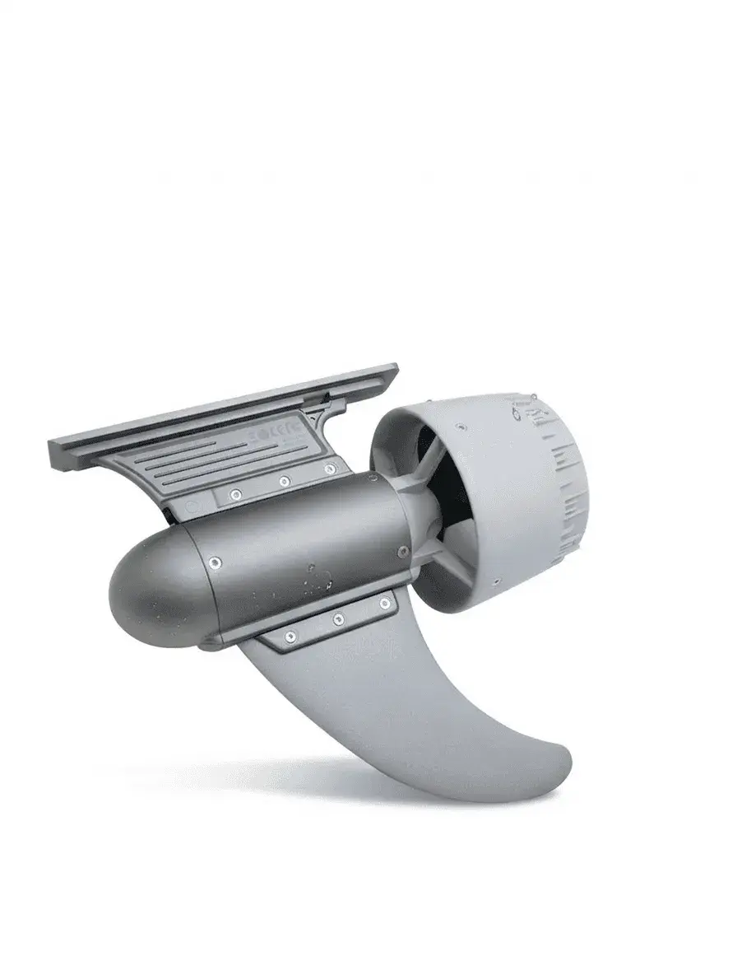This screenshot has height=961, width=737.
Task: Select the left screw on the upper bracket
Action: coord(236,494)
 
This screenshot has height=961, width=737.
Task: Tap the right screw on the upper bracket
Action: coord(330,469)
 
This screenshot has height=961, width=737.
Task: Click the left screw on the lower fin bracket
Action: coord(290,636)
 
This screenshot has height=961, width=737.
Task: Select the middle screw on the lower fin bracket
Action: coord(338,619)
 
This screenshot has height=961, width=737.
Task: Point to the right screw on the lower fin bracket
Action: coord(384,604)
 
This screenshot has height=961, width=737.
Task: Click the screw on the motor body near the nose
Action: coord(215,562)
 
